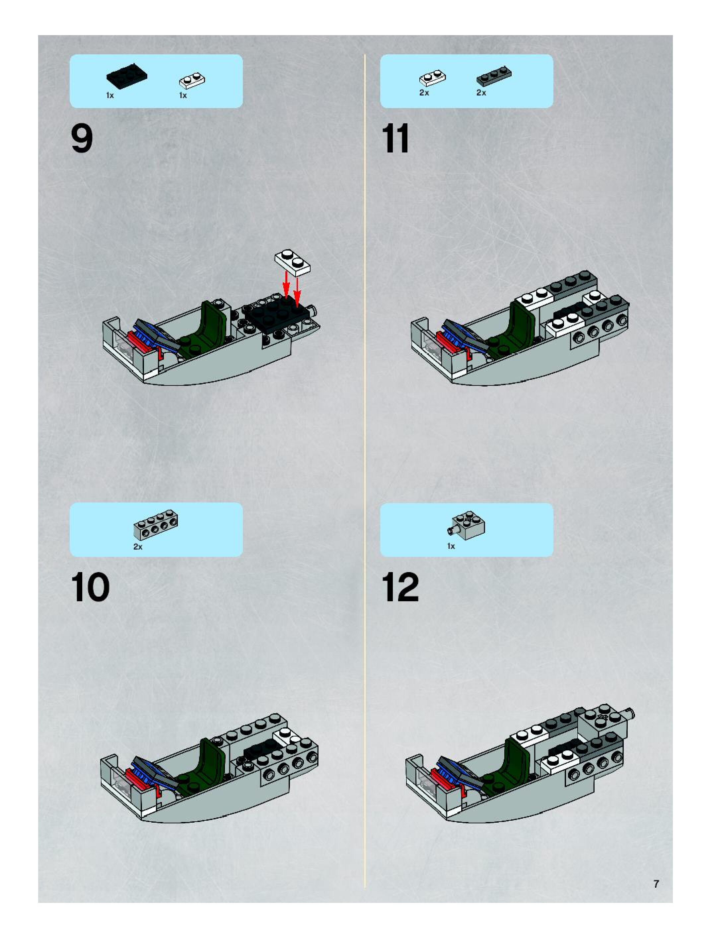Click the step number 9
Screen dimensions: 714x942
coord(82,139)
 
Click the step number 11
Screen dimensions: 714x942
coord(395,139)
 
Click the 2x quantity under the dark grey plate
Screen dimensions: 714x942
coord(481,93)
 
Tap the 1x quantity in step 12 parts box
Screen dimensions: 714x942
coord(451,546)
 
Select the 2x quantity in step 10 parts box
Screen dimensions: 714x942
coord(138,546)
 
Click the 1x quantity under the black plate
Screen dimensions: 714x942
coord(110,95)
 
